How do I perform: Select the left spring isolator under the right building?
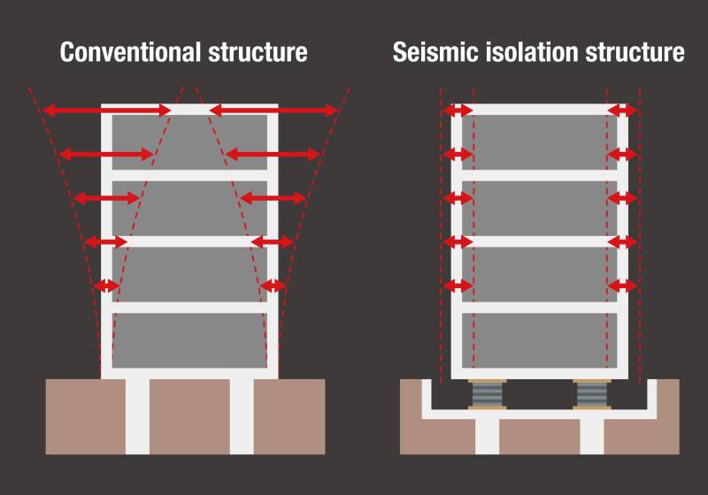point(488,394)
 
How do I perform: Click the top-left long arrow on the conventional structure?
point(107,110)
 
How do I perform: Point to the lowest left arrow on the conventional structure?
point(107,286)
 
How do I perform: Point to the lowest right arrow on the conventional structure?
point(273,286)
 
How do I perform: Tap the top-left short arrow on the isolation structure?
point(458,110)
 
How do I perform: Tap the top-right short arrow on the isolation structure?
point(623,110)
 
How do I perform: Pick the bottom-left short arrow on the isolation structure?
point(458,286)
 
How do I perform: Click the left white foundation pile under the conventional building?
point(137,416)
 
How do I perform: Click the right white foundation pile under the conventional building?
point(242,416)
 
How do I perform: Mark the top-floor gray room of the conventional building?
point(189,141)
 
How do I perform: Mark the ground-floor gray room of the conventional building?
point(189,340)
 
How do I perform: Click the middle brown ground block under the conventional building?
point(189,416)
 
